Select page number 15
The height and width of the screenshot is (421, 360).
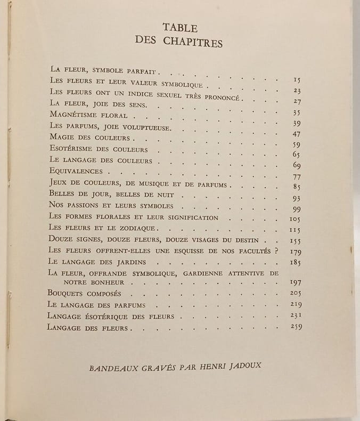pos(297,80)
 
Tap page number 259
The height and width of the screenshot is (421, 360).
pos(296,327)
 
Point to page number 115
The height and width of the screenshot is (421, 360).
pos(296,229)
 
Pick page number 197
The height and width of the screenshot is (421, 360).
pos(296,282)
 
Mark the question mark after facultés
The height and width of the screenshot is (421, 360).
pos(277,249)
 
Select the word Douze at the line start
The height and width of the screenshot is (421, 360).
pos(61,239)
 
